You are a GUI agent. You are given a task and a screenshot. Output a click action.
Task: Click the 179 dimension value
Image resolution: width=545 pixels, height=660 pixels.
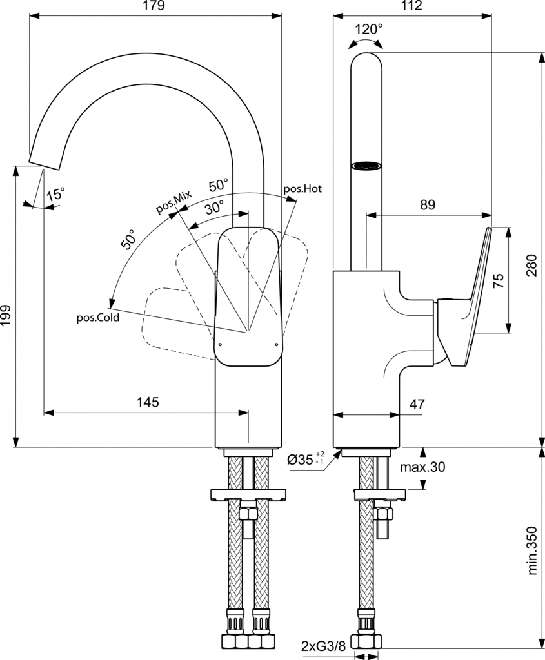pos(155,6)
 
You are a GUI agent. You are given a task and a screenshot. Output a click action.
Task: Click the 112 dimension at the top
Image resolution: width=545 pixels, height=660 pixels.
pos(411,6)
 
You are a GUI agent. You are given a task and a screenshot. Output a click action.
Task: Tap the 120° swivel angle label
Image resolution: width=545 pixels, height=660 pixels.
pos(368,29)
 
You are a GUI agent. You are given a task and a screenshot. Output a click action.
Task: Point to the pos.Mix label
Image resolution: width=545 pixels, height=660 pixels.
pos(173,200)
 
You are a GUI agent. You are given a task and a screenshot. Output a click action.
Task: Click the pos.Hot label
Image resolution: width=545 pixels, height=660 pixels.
pos(302,189)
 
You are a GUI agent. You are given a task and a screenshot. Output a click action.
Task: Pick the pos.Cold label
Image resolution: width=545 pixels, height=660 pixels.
pos(98,317)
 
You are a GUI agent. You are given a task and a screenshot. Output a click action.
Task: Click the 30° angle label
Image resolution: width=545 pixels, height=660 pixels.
pos(215,208)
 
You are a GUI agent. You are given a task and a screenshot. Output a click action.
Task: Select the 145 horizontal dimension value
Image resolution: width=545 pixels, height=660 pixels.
pos(147,402)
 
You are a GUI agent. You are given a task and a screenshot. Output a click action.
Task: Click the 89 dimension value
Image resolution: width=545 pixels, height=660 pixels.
pos(427,205)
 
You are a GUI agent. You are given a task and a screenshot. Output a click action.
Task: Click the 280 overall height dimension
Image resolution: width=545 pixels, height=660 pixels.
pos(530,264)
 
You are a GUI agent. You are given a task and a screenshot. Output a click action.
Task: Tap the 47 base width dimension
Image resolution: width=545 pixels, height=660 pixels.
pos(417,405)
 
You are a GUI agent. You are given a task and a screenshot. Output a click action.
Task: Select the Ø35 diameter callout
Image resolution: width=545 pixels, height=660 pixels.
pos(306,460)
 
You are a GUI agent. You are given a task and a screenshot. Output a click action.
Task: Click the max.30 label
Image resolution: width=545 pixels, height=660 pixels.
pos(422,467)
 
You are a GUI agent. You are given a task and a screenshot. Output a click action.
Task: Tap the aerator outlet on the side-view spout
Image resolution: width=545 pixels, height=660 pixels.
pos(366,166)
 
